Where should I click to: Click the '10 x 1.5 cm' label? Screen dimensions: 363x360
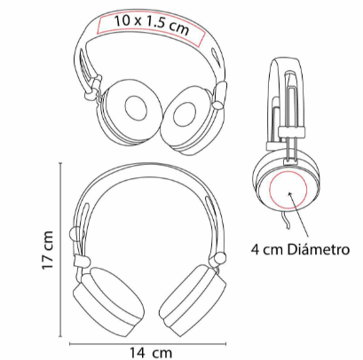pos(152,25)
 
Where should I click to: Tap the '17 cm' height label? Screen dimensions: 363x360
pos(47,250)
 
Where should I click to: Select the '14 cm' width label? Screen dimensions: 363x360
pos(151,352)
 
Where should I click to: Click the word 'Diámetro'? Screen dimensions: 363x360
pos(319,249)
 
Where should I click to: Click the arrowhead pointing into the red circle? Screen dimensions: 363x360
pos(290,194)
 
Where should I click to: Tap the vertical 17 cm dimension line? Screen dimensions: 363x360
pos(61,249)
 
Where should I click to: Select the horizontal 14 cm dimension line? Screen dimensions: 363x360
pos(148,343)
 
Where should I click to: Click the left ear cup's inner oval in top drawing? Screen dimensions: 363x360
pos(136,107)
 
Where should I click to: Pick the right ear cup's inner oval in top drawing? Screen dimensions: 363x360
pos(185,114)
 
